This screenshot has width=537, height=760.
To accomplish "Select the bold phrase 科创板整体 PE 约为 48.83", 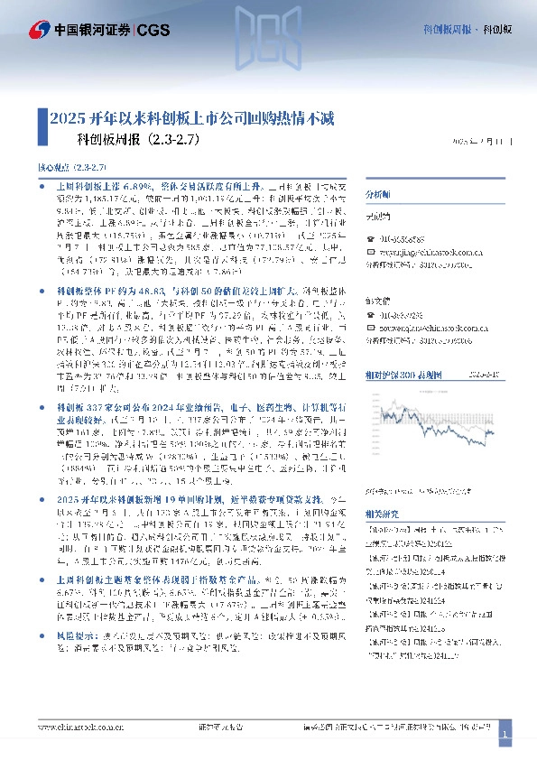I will (100, 292).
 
